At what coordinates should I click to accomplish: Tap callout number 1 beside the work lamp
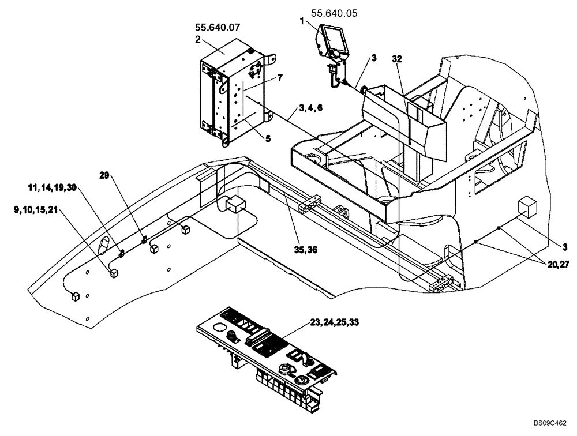pyautogui.click(x=302, y=21)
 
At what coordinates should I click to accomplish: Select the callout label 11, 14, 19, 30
pyautogui.click(x=51, y=188)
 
